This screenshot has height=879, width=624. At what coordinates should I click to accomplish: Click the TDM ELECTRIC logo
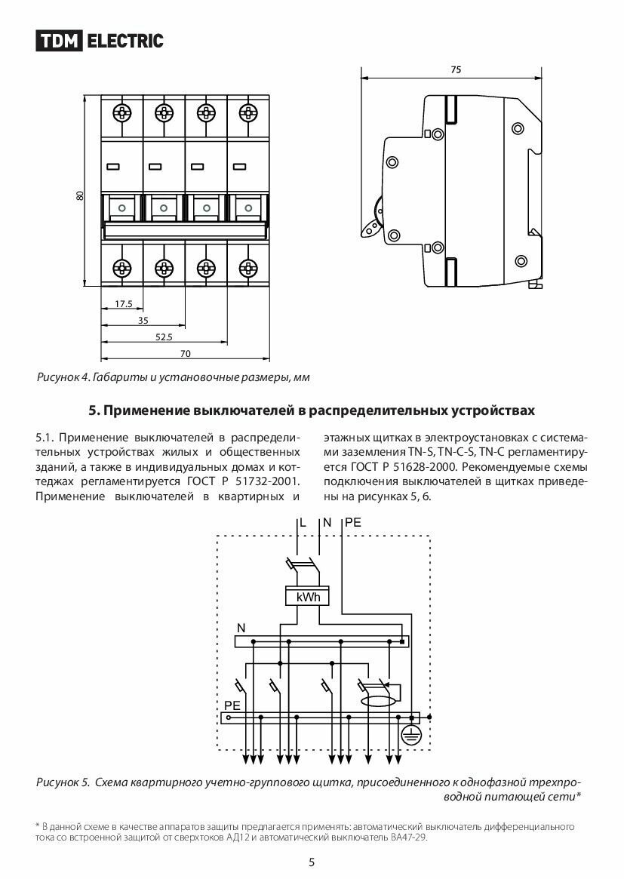coord(100,41)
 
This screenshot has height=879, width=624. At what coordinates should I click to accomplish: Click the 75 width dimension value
coord(455,69)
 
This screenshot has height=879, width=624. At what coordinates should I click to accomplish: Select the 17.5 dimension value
coord(124,305)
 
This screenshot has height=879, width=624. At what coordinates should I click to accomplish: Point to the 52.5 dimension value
coord(164,337)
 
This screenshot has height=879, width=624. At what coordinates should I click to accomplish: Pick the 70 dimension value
coord(185,353)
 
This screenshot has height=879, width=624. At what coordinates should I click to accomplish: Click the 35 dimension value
coord(143,321)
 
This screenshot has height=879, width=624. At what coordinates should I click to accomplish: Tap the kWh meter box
coord(309,598)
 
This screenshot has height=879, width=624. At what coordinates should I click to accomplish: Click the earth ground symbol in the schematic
coord(410,736)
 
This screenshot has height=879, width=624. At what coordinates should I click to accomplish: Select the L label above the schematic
coord(303,522)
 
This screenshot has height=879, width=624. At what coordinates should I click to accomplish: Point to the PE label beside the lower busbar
coord(232,705)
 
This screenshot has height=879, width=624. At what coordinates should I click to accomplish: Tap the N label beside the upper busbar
coord(241,628)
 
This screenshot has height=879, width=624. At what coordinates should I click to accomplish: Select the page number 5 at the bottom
coord(312,862)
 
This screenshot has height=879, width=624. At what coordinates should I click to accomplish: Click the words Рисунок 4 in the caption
coord(63,376)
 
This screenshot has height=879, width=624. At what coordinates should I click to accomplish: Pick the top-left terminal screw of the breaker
coord(121,114)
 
